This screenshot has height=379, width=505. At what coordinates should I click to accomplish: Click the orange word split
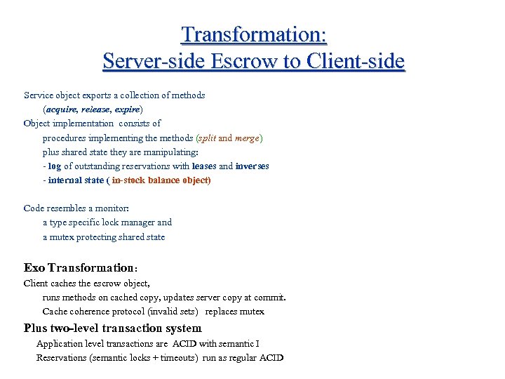pyautogui.click(x=207, y=138)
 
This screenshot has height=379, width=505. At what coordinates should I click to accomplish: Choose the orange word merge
pyautogui.click(x=247, y=138)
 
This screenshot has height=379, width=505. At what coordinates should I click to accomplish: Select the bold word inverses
pyautogui.click(x=252, y=166)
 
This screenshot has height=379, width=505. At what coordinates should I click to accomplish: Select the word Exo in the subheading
pyautogui.click(x=34, y=267)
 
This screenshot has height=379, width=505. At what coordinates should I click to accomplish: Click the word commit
pyautogui.click(x=269, y=298)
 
